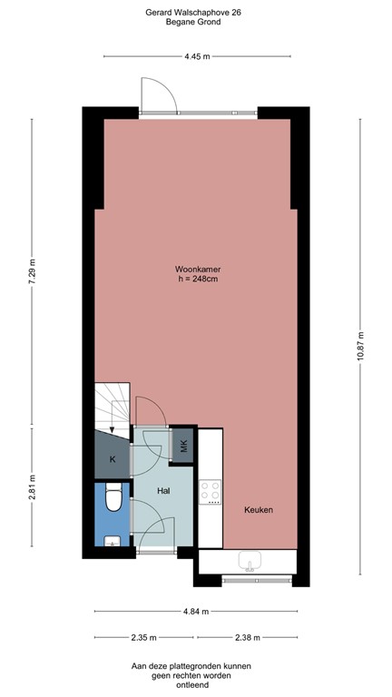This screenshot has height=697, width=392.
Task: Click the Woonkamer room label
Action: (x=197, y=270)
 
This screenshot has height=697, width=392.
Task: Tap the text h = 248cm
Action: (x=197, y=280)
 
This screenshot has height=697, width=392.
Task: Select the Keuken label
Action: (x=259, y=510)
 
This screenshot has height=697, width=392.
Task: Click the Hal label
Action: (x=164, y=490)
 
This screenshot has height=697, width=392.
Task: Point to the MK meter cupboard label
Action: (x=184, y=446)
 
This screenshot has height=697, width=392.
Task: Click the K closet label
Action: (x=113, y=460)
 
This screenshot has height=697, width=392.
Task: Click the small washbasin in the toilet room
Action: (x=112, y=542)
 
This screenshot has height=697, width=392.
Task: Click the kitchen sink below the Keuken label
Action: (x=248, y=561)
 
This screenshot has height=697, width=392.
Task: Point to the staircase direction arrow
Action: (x=113, y=419)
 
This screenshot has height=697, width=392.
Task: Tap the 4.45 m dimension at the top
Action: (x=197, y=56)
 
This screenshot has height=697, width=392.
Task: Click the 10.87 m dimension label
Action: (x=361, y=343)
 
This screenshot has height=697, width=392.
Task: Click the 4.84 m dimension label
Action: (x=197, y=610)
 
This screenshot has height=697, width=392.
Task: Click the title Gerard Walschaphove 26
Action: (x=196, y=12)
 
